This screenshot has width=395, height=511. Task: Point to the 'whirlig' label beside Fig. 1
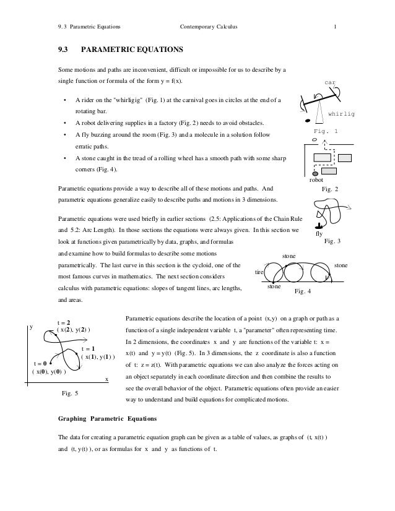tap(342, 114)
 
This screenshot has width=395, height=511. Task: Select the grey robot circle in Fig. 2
tap(315, 174)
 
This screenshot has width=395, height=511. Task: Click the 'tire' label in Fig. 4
tap(260, 272)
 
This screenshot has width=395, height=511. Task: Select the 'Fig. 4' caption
tap(303, 291)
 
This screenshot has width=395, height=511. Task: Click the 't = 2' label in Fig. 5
tap(64, 322)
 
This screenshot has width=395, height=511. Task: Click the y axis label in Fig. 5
tap(30, 329)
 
